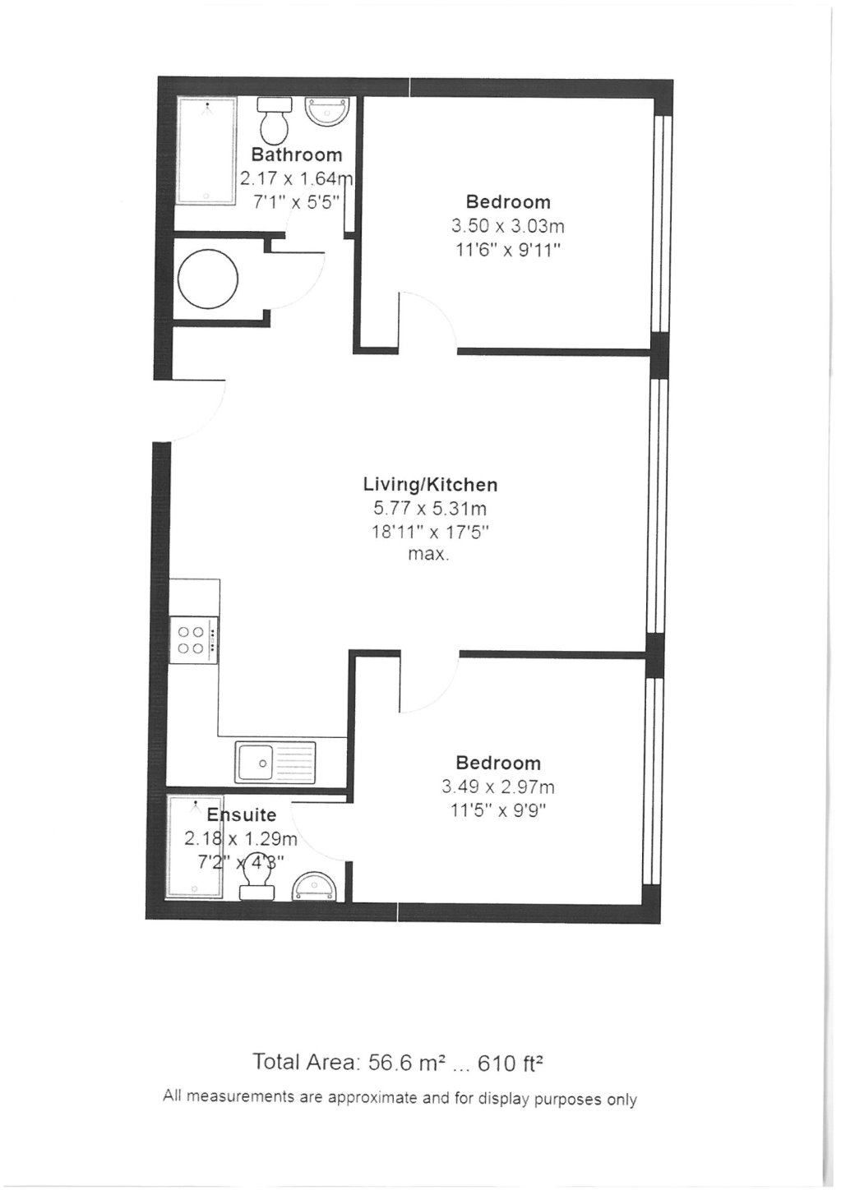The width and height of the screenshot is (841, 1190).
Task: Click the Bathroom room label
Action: click(296, 155)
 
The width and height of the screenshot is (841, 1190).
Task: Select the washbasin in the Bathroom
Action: click(328, 111)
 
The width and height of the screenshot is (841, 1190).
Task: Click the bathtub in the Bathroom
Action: click(206, 150)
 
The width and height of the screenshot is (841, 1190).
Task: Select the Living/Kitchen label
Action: click(431, 485)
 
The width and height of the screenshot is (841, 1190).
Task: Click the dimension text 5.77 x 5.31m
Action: click(431, 509)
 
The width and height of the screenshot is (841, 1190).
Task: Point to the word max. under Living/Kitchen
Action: click(428, 555)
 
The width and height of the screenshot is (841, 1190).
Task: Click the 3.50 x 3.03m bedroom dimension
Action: click(507, 226)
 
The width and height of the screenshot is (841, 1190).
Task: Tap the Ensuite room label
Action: click(241, 815)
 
